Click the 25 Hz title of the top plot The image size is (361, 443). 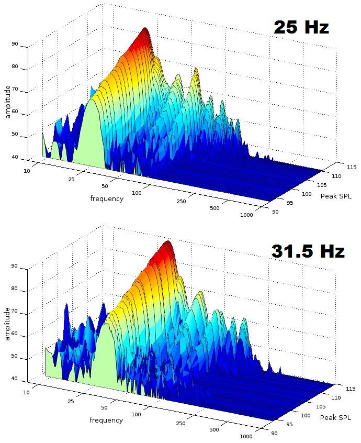(x=301, y=28)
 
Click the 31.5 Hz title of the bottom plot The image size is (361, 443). (x=308, y=251)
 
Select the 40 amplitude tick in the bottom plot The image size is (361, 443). (x=14, y=379)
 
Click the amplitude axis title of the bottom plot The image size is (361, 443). (x=8, y=324)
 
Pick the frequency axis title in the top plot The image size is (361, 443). (x=107, y=198)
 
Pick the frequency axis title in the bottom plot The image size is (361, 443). (x=107, y=420)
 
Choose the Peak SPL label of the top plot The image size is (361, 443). (x=336, y=196)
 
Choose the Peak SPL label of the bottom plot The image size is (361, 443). (x=336, y=417)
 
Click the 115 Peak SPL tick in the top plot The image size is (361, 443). (x=337, y=168)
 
